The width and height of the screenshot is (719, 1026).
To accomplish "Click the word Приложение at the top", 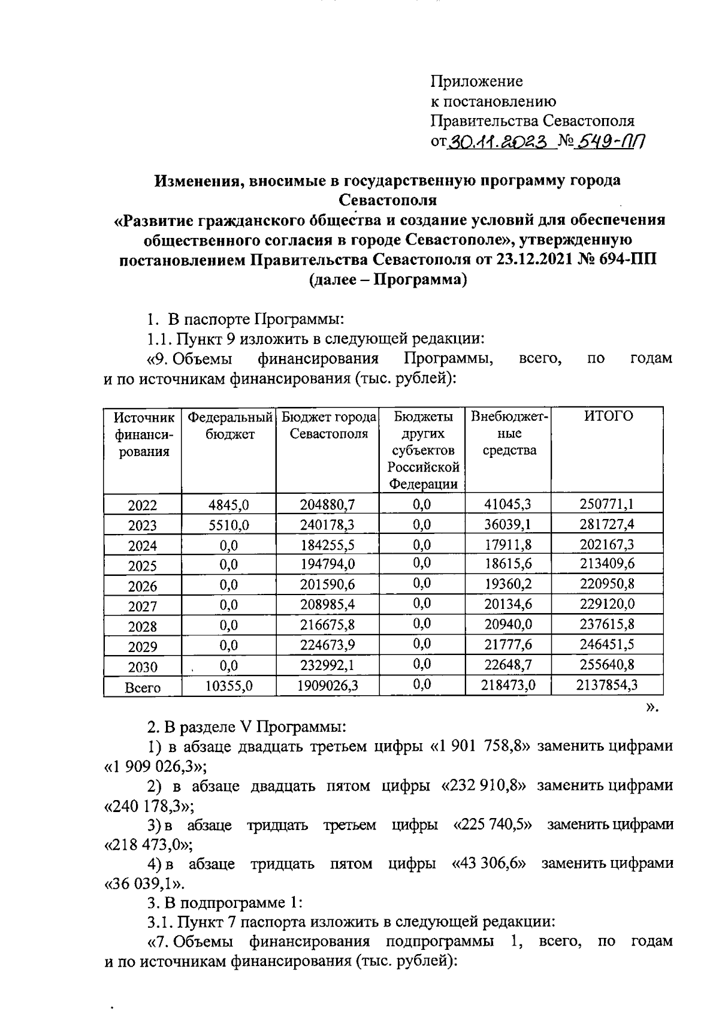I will [x=476, y=81].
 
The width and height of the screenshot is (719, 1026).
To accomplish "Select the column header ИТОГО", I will [x=608, y=417].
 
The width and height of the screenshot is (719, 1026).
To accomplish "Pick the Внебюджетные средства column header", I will [x=509, y=433].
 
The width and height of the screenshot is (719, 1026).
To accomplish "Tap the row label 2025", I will [x=143, y=566].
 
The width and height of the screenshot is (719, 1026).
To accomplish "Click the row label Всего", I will [x=143, y=687].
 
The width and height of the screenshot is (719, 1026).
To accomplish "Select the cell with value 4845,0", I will [x=228, y=505].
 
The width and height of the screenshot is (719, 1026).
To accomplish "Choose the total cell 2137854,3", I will [x=606, y=685].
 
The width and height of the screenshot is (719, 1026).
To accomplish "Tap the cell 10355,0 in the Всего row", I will [x=228, y=685].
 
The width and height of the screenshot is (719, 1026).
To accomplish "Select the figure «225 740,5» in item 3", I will [x=494, y=825].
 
